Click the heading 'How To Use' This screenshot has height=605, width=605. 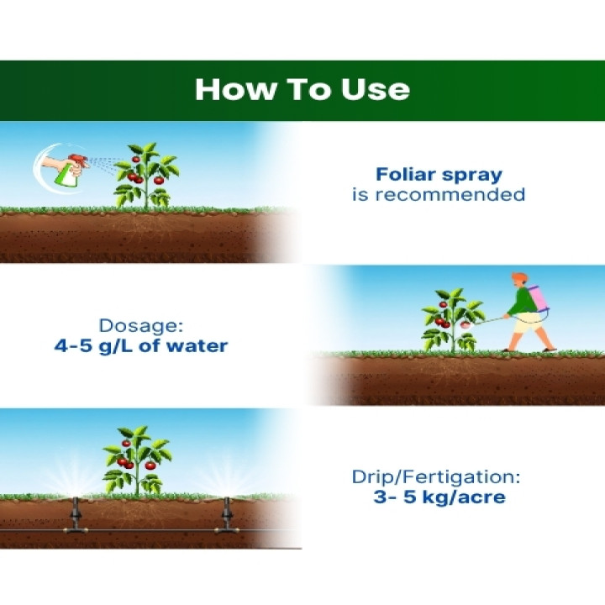[302, 90]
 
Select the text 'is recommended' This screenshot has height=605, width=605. [438, 195]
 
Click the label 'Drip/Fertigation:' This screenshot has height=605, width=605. [436, 477]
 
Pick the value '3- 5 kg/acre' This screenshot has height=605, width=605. [439, 497]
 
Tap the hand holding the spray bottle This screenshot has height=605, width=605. [52, 160]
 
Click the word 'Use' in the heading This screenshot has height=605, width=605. [376, 90]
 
